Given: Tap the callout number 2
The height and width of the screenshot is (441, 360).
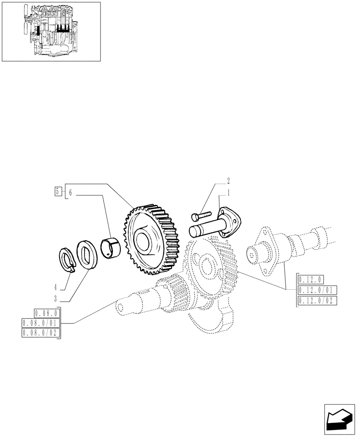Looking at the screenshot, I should click(229, 180).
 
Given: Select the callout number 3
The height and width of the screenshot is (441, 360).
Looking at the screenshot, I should click(56, 298).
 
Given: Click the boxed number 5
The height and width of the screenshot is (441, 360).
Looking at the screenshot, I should click(58, 191).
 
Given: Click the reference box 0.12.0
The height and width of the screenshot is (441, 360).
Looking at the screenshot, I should click(311, 279).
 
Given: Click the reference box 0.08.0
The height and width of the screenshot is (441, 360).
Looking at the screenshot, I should click(47, 314).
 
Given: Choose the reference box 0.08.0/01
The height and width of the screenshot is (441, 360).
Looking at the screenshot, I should click(41, 324).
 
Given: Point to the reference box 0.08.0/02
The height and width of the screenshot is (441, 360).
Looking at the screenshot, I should click(41, 333).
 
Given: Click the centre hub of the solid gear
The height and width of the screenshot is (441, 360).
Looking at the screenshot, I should click(144, 241).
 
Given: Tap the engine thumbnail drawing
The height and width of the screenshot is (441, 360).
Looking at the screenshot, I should click(51, 31).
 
